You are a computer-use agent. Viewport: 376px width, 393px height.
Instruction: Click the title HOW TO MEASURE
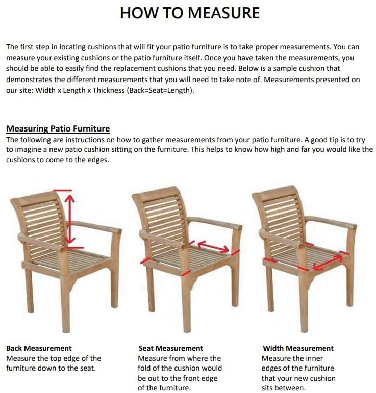click(x=189, y=13)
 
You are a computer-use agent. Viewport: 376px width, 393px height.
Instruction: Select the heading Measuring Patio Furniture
click(x=58, y=128)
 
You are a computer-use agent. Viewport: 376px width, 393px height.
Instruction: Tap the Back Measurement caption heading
click(x=39, y=348)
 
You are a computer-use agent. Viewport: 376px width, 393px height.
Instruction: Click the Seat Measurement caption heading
click(x=170, y=348)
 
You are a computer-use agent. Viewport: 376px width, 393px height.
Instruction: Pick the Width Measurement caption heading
click(x=298, y=348)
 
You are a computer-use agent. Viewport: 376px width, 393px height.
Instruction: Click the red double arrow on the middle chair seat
click(x=213, y=247)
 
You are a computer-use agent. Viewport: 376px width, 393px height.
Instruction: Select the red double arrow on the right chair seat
click(x=328, y=262)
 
